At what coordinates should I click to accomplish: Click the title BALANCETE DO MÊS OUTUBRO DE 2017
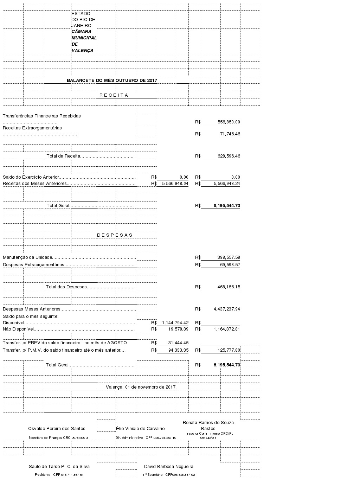(x=112, y=80)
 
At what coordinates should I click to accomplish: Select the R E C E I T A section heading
(x=114, y=95)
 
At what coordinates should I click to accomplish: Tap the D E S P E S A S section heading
(x=115, y=235)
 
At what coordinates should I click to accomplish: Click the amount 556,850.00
(x=229, y=122)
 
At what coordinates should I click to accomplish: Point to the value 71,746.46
(x=230, y=134)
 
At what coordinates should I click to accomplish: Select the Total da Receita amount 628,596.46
(x=229, y=156)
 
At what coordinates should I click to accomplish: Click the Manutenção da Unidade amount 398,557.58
(x=229, y=257)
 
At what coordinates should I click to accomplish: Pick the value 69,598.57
(x=230, y=265)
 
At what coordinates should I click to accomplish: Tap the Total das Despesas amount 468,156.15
(x=229, y=287)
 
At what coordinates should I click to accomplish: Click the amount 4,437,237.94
(x=227, y=309)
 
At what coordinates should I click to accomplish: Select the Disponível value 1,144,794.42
(x=175, y=323)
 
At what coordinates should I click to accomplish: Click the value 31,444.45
(x=178, y=343)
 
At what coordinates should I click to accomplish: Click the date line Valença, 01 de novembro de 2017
(x=141, y=387)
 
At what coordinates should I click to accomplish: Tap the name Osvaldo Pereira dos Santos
(x=57, y=428)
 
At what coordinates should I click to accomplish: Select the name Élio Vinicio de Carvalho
(x=140, y=428)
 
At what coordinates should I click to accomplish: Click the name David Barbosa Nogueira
(x=169, y=467)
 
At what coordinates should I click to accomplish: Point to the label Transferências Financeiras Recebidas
(x=42, y=116)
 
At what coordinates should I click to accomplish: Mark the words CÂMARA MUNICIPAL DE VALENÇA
(x=84, y=41)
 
